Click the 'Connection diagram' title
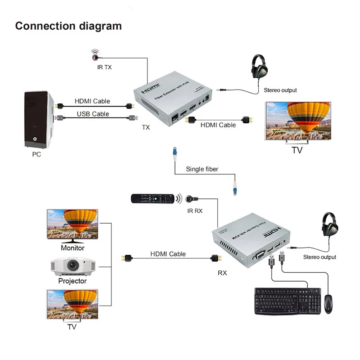[68, 26]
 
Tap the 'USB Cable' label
[93, 114]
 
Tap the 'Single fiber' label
[202, 170]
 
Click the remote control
[152, 198]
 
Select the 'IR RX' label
[195, 210]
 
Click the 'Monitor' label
[72, 248]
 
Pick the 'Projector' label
[72, 281]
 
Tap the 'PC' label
[36, 154]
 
